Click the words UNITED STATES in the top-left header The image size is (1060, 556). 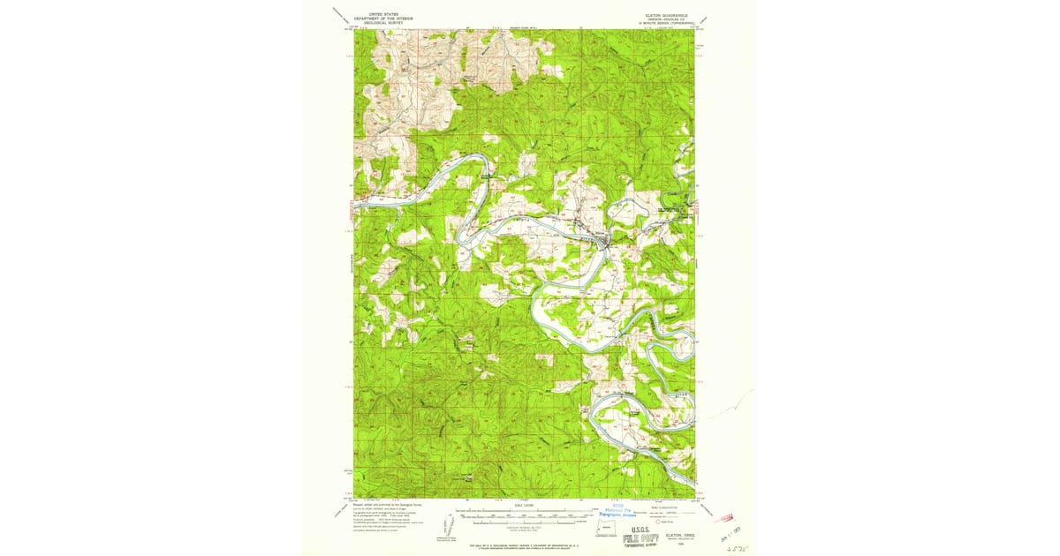pyautogui.click(x=371, y=14)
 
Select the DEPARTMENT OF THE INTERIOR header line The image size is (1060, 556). pyautogui.click(x=371, y=19)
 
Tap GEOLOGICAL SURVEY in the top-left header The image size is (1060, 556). pyautogui.click(x=371, y=23)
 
